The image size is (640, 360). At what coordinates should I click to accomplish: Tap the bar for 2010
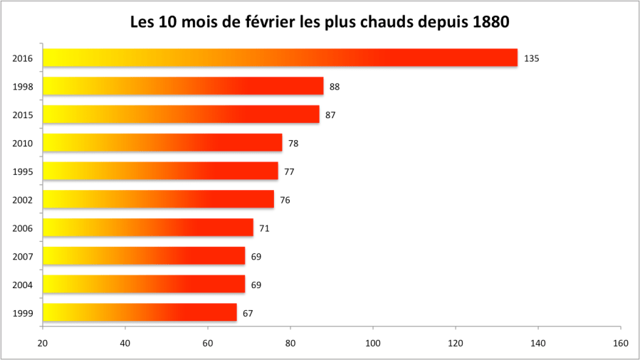(162, 143)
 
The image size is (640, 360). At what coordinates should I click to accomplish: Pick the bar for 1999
(140, 312)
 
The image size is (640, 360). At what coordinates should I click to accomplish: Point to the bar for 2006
(148, 228)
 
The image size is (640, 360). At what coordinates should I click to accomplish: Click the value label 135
(531, 58)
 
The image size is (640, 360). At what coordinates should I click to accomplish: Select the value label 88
(335, 87)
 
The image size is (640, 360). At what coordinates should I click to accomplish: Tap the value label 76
(285, 200)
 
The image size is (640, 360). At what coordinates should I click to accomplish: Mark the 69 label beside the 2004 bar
(256, 285)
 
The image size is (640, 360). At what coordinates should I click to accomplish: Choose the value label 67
(248, 313)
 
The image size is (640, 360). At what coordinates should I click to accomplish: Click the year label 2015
(23, 115)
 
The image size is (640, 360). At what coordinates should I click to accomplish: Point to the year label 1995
(23, 171)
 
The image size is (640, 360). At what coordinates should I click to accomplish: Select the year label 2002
(23, 200)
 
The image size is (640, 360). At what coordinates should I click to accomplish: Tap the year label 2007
(23, 256)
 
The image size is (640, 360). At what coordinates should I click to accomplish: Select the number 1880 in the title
(490, 23)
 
